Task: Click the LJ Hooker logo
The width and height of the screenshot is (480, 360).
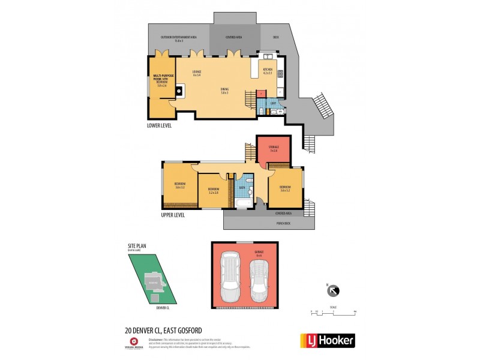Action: [327, 340]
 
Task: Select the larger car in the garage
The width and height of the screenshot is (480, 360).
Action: [231, 278]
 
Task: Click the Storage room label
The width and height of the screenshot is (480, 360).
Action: [274, 148]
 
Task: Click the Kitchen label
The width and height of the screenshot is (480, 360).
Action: [268, 71]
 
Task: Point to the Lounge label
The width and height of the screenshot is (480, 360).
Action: [197, 73]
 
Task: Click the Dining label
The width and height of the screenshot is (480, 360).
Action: [224, 91]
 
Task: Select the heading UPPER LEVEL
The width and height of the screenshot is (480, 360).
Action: [172, 215]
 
